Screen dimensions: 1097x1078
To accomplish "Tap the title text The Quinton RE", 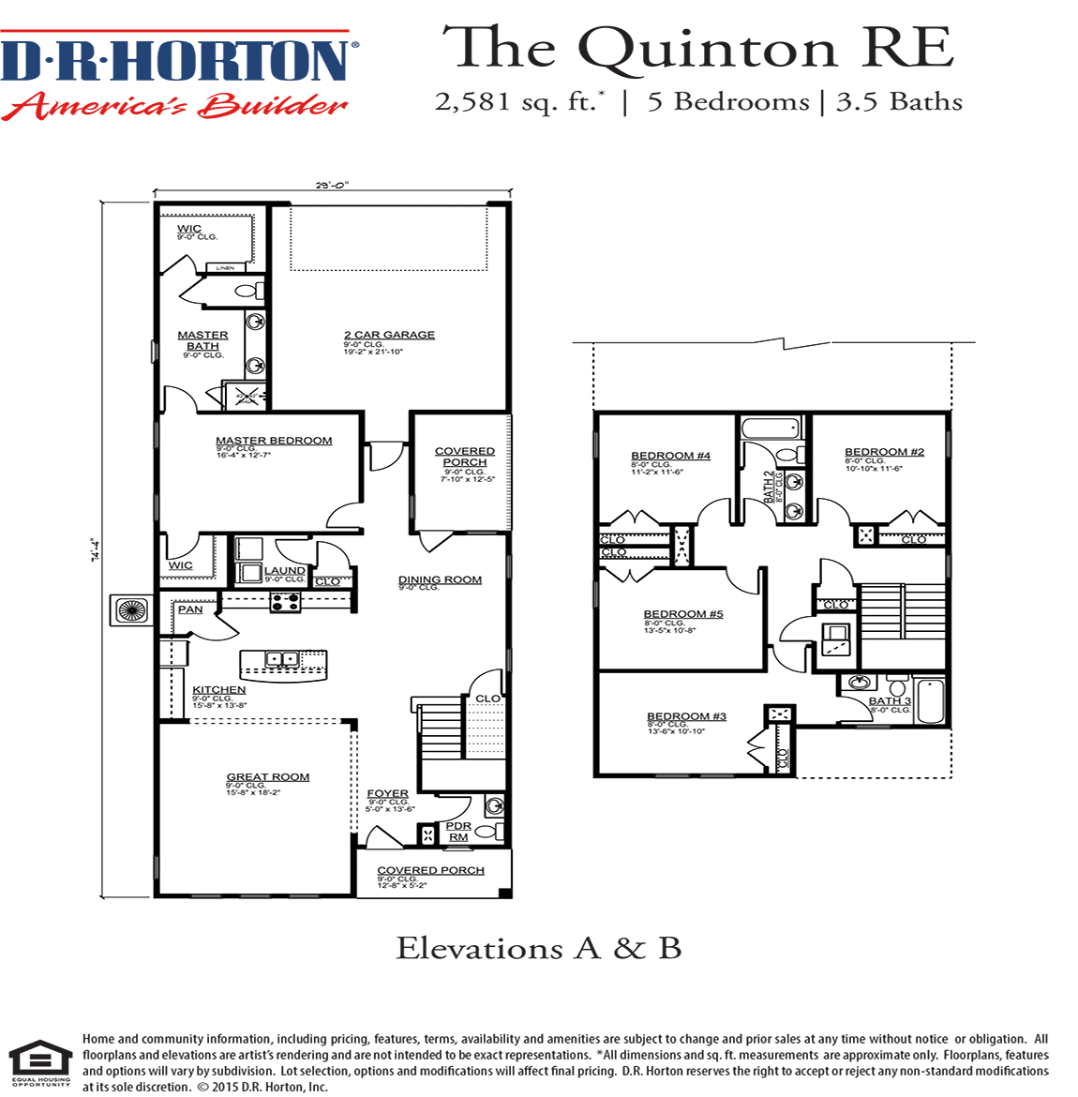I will tap(698, 49).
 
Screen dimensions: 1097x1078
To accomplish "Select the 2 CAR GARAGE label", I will tap(389, 335).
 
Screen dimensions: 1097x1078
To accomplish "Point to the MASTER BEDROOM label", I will tap(274, 441).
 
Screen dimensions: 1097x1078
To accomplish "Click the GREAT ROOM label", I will tap(267, 777).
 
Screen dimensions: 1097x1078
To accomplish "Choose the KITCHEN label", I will tap(218, 690).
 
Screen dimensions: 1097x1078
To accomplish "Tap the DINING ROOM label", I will tap(440, 580).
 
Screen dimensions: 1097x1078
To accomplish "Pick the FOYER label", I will tap(387, 794).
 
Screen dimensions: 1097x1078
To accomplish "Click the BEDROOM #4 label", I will tap(670, 456).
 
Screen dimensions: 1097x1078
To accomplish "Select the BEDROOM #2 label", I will tap(884, 452).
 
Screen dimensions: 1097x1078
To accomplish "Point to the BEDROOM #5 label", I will tap(683, 614).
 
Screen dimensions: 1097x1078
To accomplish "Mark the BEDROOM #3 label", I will tap(686, 716).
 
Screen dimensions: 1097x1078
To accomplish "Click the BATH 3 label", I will tap(890, 701).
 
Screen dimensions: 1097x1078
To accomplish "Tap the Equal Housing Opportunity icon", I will tap(40, 1061).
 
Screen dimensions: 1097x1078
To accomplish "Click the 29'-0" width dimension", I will tap(332, 186).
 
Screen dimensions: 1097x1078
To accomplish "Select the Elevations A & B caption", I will tap(538, 949).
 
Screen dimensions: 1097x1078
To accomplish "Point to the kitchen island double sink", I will tap(281, 659).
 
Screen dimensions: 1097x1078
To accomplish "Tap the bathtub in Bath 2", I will tap(771, 429).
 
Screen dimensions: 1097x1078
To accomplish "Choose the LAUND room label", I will tap(284, 570).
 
